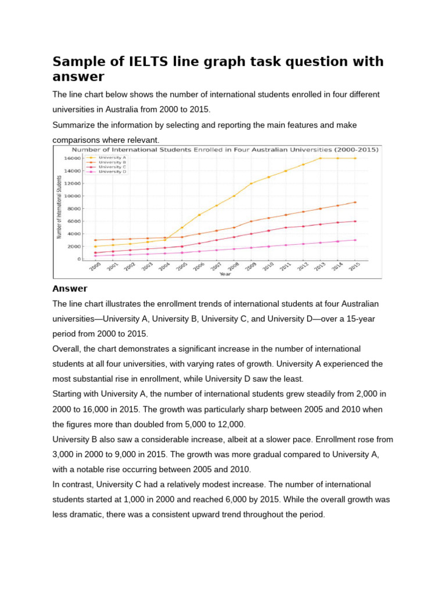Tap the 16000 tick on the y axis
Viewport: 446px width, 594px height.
pyautogui.click(x=72, y=158)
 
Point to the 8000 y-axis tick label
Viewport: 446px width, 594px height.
pyautogui.click(x=74, y=208)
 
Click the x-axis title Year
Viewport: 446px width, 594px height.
pyautogui.click(x=225, y=274)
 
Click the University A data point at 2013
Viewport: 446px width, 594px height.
pyautogui.click(x=320, y=158)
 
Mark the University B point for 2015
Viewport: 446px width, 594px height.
pyautogui.click(x=355, y=202)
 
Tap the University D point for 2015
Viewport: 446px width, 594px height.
pyautogui.click(x=355, y=240)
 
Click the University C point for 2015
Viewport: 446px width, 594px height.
pyautogui.click(x=355, y=221)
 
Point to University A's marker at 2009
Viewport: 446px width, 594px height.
pyautogui.click(x=251, y=183)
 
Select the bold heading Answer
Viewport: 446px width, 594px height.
pyautogui.click(x=70, y=288)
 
